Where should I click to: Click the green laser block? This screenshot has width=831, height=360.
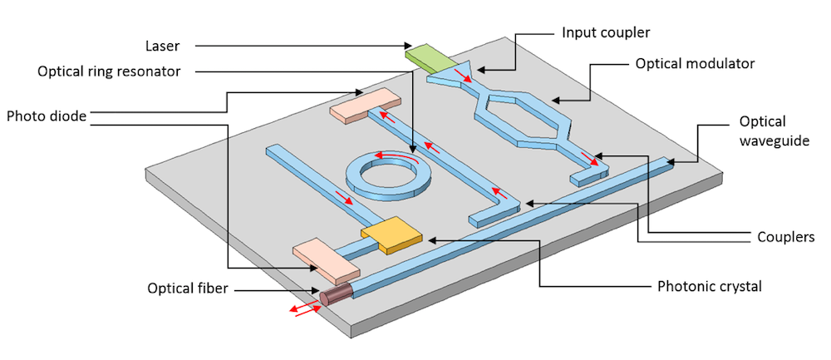426,57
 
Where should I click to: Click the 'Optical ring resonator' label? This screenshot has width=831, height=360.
108,72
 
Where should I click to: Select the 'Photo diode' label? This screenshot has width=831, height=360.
46,116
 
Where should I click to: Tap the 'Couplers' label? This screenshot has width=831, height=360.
784,237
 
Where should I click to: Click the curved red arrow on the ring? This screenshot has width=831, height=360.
395,156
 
